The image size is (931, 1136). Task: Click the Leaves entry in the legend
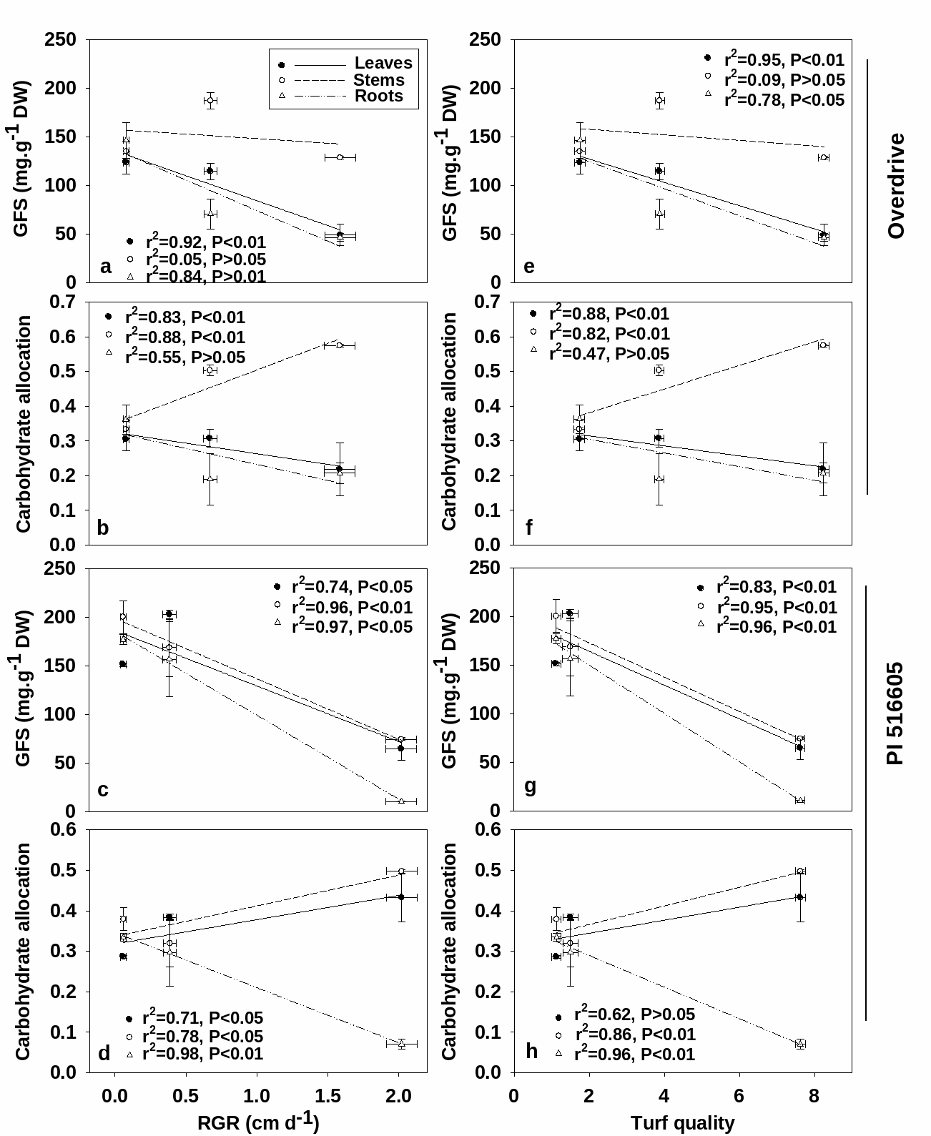coord(383,64)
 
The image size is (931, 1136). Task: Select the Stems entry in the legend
coord(378,80)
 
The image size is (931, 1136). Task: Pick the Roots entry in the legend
coord(378,97)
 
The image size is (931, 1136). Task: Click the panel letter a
coord(106,267)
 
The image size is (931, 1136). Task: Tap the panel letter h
coord(531,1051)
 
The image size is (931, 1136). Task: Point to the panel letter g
coord(531,786)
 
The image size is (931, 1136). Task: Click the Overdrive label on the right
coord(895,186)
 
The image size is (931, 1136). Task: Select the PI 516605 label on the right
coord(895,713)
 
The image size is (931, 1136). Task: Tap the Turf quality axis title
coord(682,1123)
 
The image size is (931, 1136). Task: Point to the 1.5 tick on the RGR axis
coord(327,1096)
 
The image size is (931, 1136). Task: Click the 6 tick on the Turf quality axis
coord(739,1096)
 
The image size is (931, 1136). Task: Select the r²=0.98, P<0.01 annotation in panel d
coord(203,1053)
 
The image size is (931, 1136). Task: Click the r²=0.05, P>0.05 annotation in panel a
coord(206,259)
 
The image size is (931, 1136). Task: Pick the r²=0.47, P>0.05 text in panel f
coord(609,353)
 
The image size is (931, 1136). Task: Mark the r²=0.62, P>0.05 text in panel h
coord(635,1014)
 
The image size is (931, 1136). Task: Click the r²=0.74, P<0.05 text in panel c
coord(353,587)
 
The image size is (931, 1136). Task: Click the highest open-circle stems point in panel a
coord(210,101)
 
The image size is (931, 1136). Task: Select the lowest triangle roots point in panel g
coord(800,800)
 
